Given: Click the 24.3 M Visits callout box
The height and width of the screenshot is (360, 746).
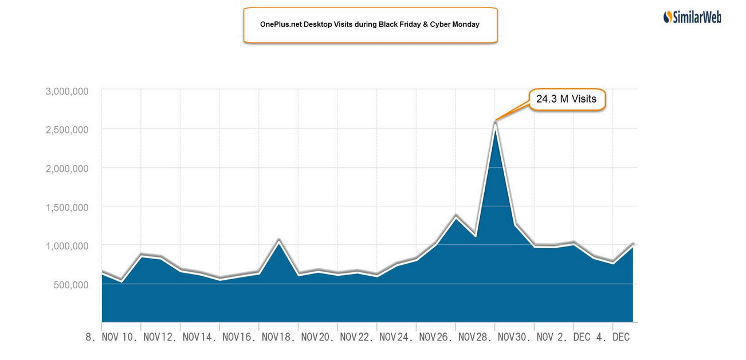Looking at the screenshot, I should pyautogui.click(x=566, y=100).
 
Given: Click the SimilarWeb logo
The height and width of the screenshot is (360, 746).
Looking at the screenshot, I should pyautogui.click(x=692, y=17).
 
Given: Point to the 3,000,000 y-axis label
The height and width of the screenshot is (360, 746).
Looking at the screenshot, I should pyautogui.click(x=66, y=91).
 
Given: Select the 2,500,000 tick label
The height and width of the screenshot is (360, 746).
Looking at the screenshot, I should pyautogui.click(x=66, y=130).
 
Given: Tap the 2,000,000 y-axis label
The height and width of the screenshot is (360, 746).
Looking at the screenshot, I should pyautogui.click(x=66, y=169).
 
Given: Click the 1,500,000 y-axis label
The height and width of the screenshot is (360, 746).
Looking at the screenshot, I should pyautogui.click(x=66, y=208).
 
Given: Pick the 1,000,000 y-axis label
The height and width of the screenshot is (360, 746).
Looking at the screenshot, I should pyautogui.click(x=66, y=246).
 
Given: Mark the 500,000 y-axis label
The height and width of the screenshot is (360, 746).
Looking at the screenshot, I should pyautogui.click(x=71, y=285).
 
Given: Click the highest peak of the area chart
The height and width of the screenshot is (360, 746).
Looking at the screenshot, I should pyautogui.click(x=495, y=121).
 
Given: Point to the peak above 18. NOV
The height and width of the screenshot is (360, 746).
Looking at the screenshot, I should pyautogui.click(x=278, y=239).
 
